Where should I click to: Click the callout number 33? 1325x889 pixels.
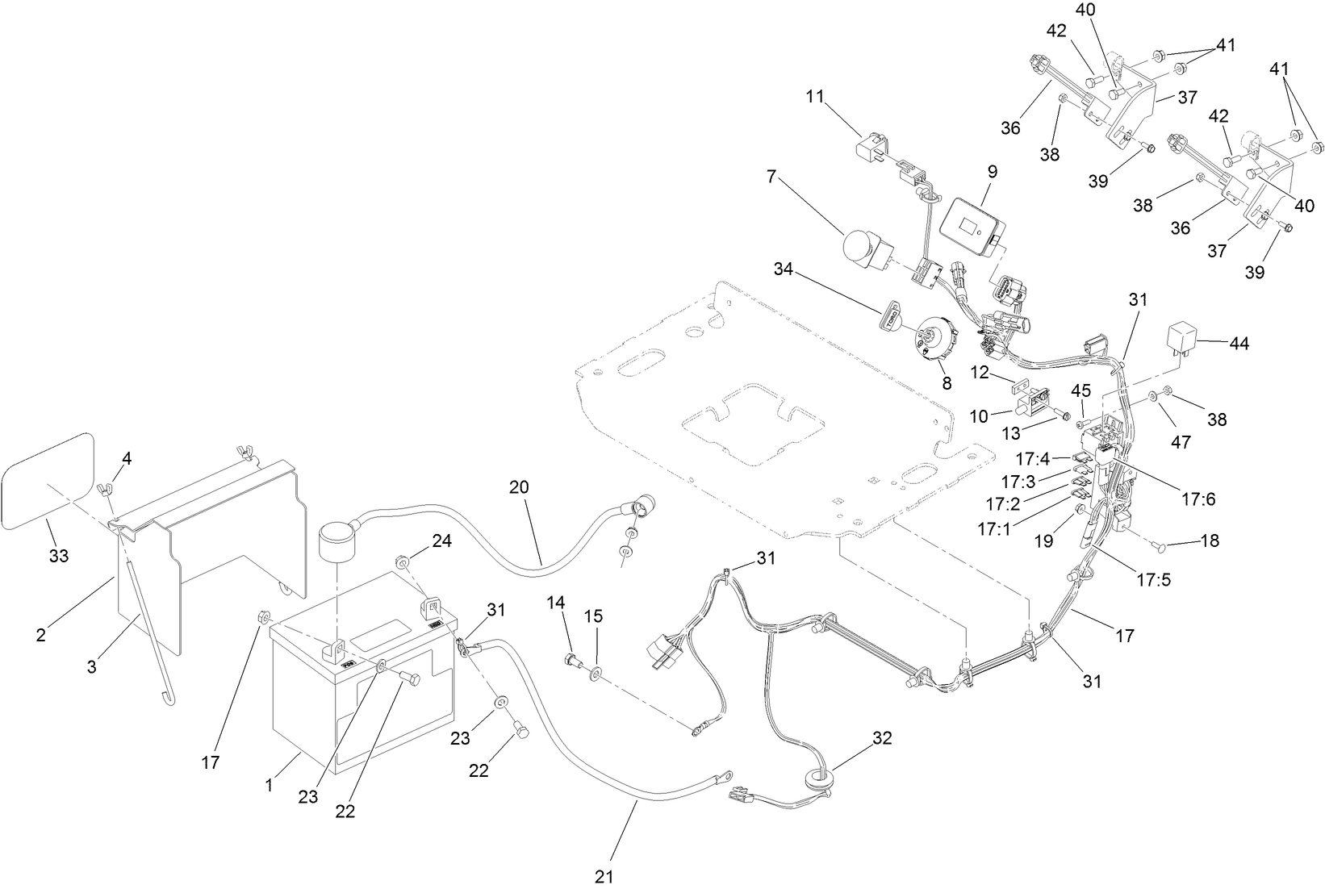click(59, 556)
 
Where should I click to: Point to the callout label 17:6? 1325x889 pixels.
click(1198, 499)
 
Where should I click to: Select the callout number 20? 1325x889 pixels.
click(520, 487)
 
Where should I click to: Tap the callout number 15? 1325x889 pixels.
click(593, 616)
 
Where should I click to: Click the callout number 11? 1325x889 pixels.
click(815, 98)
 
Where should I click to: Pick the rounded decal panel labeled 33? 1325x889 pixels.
click(48, 476)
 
